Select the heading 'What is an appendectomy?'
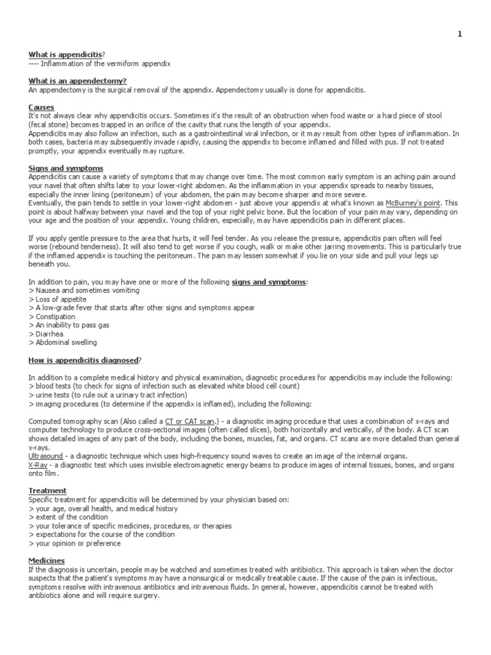[77, 81]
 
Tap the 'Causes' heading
[42, 107]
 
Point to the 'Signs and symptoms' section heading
[61, 168]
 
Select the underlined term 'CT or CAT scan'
[191, 422]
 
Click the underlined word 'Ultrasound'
[46, 456]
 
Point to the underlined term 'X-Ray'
[38, 464]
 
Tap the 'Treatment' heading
[48, 491]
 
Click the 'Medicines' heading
[47, 560]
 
